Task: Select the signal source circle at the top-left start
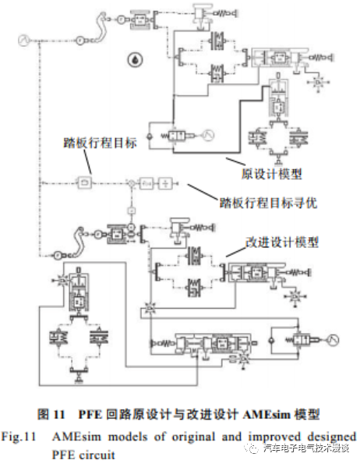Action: pyautogui.click(x=22, y=39)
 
